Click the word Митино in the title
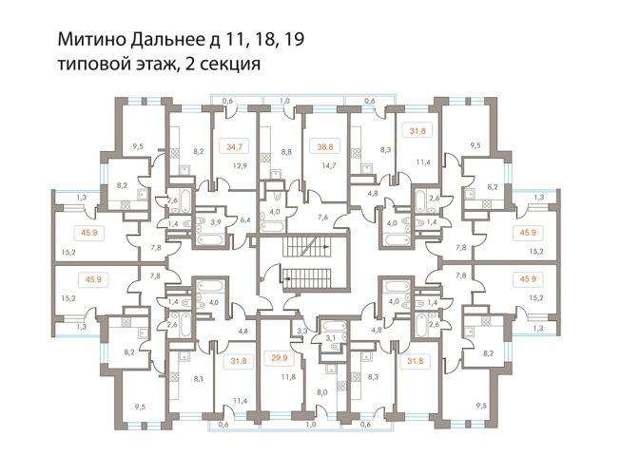pos(87,40)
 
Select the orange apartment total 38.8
pos(325,146)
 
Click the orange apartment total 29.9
pos(280,359)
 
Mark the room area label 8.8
pos(285,150)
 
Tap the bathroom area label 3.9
pos(215,221)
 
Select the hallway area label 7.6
pos(322,218)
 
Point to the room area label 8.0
pos(321,391)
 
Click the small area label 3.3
pos(302,330)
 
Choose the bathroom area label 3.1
pos(331,338)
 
